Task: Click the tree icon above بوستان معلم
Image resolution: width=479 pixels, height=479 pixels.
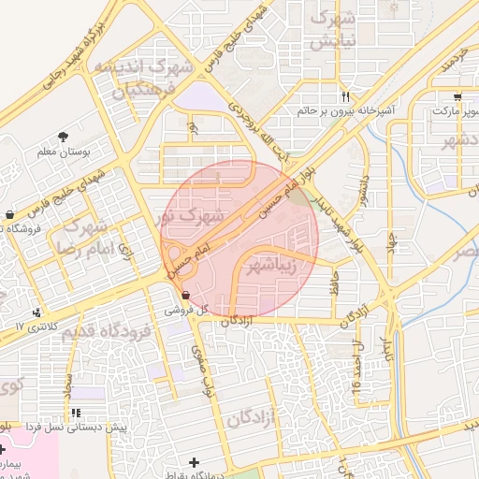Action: coord(63,137)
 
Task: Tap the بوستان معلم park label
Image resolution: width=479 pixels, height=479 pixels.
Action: coord(63,151)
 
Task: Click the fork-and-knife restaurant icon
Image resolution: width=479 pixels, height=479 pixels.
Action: coord(346,96)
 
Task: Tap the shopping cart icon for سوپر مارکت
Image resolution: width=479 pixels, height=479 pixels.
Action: coord(456,97)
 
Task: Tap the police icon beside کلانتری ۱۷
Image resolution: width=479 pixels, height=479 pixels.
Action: coord(36,312)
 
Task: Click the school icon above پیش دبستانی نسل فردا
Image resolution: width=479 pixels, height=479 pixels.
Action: coord(76,413)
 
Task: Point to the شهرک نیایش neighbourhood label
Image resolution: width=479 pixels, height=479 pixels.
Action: coord(334,30)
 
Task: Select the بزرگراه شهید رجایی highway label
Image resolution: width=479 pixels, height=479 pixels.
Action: coord(69,61)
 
